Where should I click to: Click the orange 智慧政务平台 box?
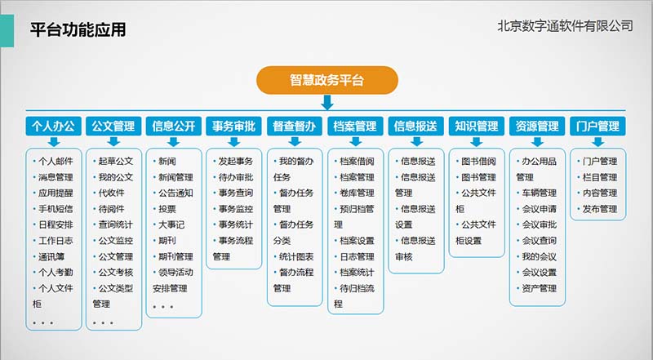pyautogui.click(x=327, y=80)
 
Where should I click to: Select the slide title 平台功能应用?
pyautogui.click(x=78, y=29)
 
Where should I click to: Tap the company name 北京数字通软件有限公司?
pyautogui.click(x=565, y=26)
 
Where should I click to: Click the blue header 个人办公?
pyautogui.click(x=53, y=126)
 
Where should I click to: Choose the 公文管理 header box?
pyautogui.click(x=113, y=126)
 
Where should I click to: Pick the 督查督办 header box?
pyautogui.click(x=295, y=126)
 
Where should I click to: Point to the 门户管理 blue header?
pyautogui.click(x=597, y=126)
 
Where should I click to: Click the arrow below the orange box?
pyautogui.click(x=327, y=103)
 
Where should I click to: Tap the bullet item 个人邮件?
pyautogui.click(x=56, y=162)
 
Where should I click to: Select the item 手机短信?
pyautogui.click(x=56, y=209)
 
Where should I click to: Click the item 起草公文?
pyautogui.click(x=115, y=162)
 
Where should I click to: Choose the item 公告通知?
pyautogui.click(x=175, y=193)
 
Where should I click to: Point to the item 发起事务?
pyautogui.click(x=236, y=162)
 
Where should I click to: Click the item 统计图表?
pyautogui.click(x=296, y=256)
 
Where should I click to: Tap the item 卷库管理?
pyautogui.click(x=357, y=193)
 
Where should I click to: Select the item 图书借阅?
pyautogui.click(x=478, y=162)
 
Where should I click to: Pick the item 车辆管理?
pyautogui.click(x=540, y=193)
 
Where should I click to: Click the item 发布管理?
pyautogui.click(x=600, y=209)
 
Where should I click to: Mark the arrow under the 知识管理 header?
pyautogui.click(x=477, y=141)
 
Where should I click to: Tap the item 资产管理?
pyautogui.click(x=540, y=288)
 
